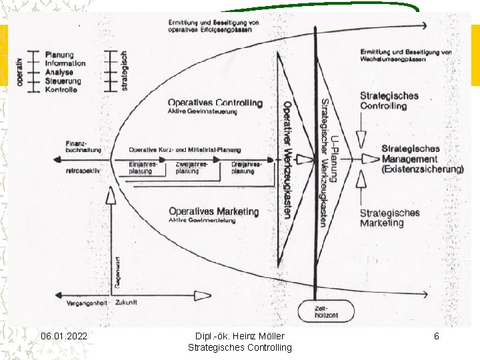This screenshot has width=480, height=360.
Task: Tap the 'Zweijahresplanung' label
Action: click(x=191, y=168)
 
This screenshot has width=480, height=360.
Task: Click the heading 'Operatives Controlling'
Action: click(x=215, y=103)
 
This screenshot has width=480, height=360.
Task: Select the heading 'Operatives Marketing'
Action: click(x=213, y=211)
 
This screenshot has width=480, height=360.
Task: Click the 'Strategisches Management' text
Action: click(x=421, y=159)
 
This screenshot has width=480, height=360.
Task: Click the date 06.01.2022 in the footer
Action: click(x=63, y=337)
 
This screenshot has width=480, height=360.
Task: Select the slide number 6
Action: click(x=437, y=337)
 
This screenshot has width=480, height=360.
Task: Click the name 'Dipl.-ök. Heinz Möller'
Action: click(x=239, y=337)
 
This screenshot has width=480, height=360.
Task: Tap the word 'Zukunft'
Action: click(x=127, y=303)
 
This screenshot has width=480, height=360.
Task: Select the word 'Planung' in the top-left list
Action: click(x=59, y=55)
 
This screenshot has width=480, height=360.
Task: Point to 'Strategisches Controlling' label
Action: click(x=389, y=101)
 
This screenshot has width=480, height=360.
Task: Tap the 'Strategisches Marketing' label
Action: click(x=389, y=217)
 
